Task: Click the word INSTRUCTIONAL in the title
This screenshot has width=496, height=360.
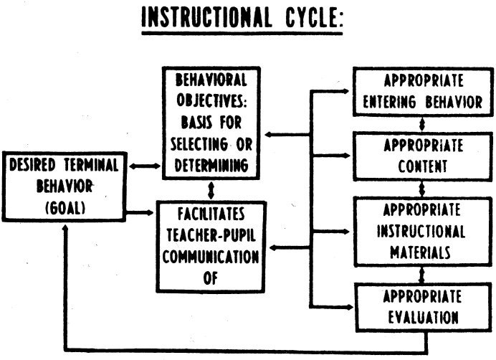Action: coord(206,16)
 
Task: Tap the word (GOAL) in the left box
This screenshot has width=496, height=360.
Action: coord(65,208)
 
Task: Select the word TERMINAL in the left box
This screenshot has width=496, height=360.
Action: coord(92,165)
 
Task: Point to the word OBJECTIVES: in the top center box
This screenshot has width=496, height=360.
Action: coord(211,100)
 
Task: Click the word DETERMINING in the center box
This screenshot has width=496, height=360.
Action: coord(211,165)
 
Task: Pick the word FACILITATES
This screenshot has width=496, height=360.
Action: coord(211,214)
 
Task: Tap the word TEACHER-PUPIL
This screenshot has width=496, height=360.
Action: coord(211,235)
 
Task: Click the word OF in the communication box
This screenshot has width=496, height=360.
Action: coord(211,278)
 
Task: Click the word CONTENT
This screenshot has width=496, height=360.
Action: coord(423,166)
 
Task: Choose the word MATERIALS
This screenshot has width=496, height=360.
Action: coord(420,252)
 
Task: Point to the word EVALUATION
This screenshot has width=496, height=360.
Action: coord(423,317)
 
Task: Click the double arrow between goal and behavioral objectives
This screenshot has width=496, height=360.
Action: coord(145,166)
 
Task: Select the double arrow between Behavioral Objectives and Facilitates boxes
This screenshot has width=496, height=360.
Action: coord(211,190)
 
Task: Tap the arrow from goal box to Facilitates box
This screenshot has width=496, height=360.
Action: coord(140,212)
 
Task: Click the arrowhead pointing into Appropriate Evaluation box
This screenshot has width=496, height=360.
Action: coord(350,307)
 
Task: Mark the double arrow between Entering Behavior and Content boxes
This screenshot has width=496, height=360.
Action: coord(421,124)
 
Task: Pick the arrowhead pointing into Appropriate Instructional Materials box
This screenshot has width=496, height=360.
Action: coord(346,232)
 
